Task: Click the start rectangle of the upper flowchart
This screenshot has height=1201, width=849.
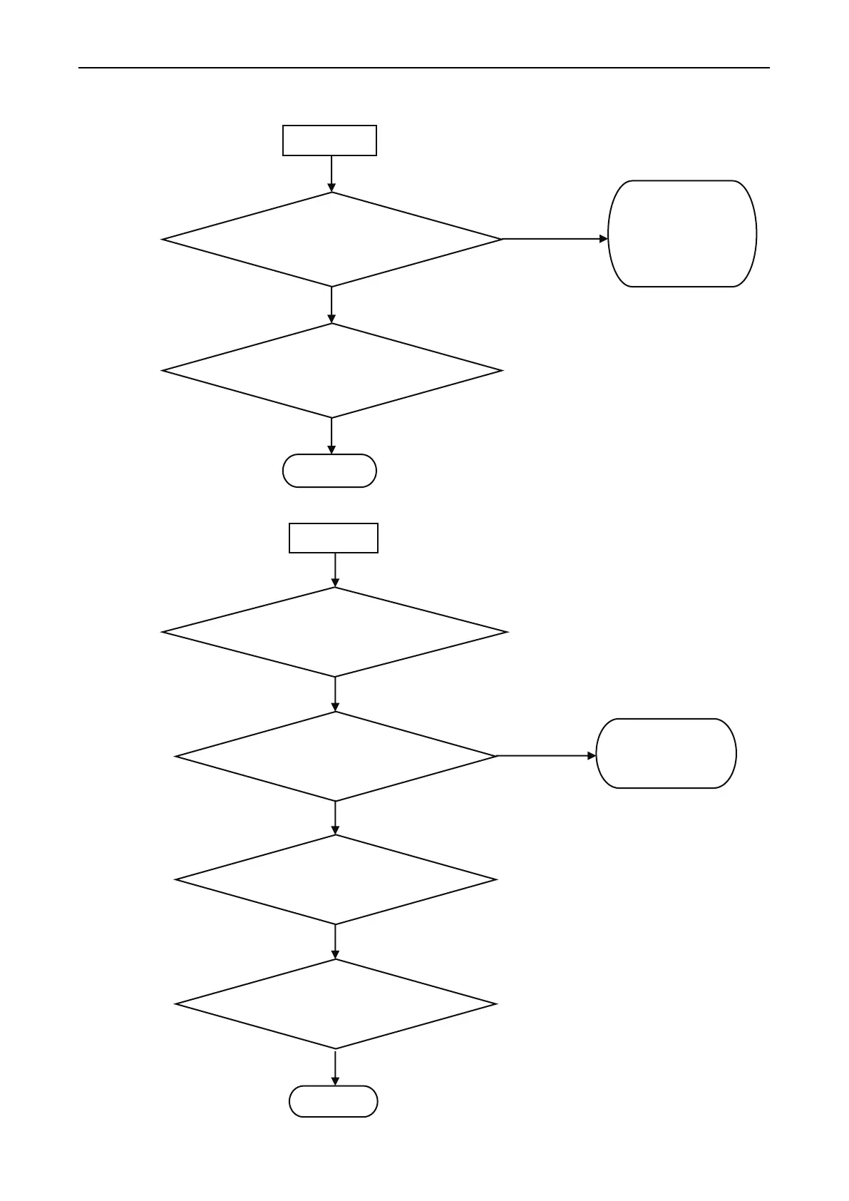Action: pyautogui.click(x=329, y=140)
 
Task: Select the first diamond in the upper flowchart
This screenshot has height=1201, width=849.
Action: pyautogui.click(x=332, y=240)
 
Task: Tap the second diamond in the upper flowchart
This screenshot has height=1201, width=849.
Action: pyautogui.click(x=332, y=371)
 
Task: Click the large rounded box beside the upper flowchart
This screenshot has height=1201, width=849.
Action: pyautogui.click(x=682, y=234)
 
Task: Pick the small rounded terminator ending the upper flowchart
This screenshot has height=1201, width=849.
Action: pyautogui.click(x=329, y=471)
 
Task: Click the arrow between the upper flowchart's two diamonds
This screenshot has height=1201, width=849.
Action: pyautogui.click(x=332, y=305)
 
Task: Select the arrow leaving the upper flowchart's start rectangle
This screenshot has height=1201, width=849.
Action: pyautogui.click(x=331, y=173)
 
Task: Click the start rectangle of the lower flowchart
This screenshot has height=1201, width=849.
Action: pyautogui.click(x=334, y=538)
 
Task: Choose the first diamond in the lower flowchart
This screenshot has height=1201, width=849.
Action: pyautogui.click(x=335, y=632)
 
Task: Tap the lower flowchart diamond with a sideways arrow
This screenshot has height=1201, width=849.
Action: pyautogui.click(x=335, y=756)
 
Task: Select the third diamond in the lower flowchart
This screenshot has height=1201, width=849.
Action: pyautogui.click(x=335, y=880)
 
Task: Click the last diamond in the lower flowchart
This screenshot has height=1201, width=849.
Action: pyautogui.click(x=335, y=1004)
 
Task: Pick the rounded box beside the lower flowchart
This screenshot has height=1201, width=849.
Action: pyautogui.click(x=666, y=753)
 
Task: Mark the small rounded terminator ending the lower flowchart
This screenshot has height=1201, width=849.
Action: pyautogui.click(x=333, y=1101)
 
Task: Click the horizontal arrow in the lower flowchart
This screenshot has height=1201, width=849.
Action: pyautogui.click(x=546, y=755)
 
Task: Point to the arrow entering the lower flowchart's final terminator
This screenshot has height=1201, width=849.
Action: pyautogui.click(x=335, y=1068)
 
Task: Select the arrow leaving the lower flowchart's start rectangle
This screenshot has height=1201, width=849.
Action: pyautogui.click(x=335, y=570)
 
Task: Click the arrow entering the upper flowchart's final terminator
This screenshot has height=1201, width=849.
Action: pyautogui.click(x=332, y=436)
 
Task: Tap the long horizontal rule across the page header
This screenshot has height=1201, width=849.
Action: pyautogui.click(x=423, y=68)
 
